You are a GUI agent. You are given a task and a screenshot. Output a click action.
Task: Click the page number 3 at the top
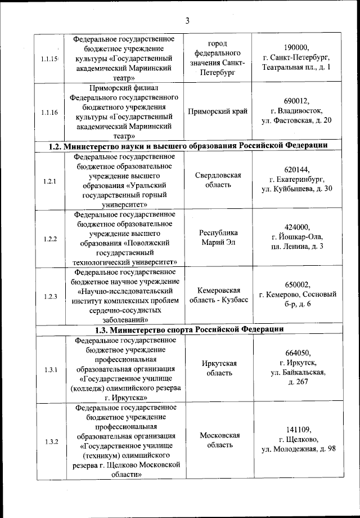(188, 21)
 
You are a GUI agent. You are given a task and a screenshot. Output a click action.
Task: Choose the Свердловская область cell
(218, 180)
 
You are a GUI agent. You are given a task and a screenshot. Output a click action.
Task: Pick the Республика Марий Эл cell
(218, 238)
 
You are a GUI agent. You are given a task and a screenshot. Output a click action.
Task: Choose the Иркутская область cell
(218, 368)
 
